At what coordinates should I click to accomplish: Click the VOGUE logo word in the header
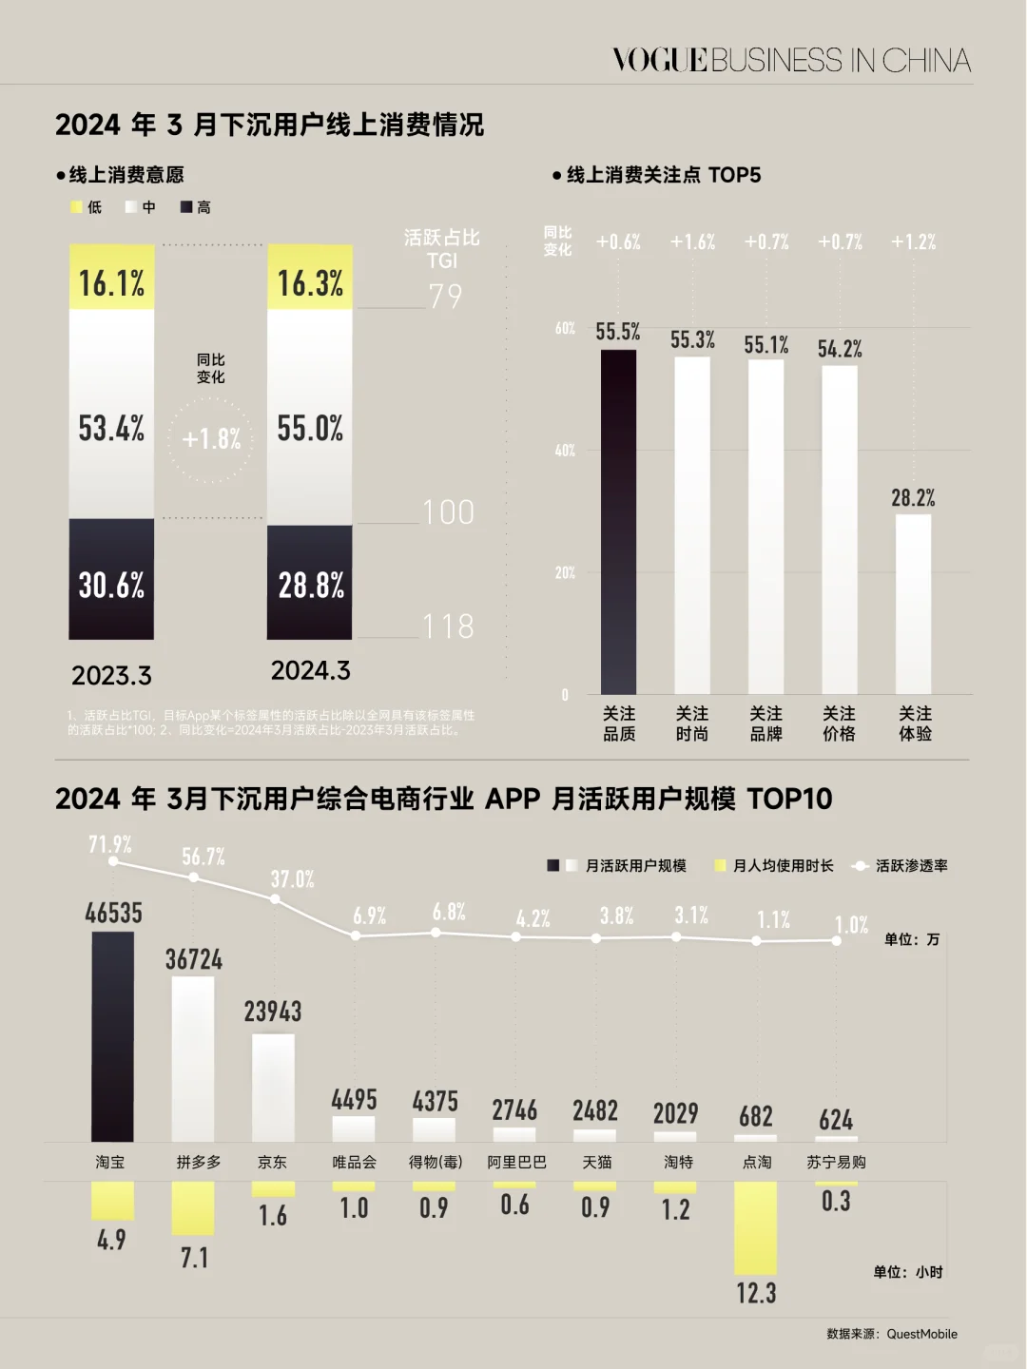point(660,60)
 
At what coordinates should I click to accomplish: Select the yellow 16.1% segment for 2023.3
point(111,278)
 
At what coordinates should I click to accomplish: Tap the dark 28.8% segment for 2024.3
point(310,582)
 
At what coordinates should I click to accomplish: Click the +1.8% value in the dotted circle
point(211,439)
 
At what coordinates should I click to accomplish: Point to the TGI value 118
point(448,627)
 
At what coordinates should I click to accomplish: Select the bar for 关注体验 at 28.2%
point(913,604)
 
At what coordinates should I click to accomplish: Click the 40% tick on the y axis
point(565,450)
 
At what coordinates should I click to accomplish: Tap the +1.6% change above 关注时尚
point(692,242)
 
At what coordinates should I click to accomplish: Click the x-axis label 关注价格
point(839,723)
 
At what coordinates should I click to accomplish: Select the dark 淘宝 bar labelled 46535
point(112,1036)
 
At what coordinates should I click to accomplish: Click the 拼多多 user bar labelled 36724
point(193,1058)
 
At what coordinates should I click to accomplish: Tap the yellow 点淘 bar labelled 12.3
point(756,1227)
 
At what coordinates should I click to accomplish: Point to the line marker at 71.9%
point(113,860)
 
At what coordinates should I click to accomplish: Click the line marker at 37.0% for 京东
point(275,898)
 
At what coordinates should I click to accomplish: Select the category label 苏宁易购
point(836,1162)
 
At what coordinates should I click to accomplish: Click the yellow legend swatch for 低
point(77,207)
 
